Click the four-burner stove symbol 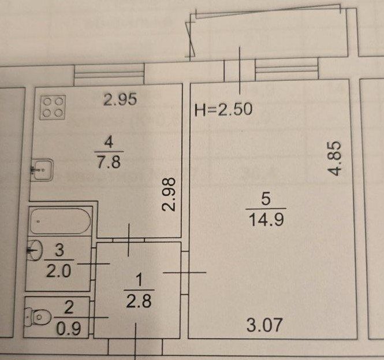click(x=53, y=107)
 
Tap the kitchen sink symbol click(x=42, y=170)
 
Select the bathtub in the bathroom click(x=60, y=221)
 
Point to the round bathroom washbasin click(x=35, y=250)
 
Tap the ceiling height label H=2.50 click(x=223, y=109)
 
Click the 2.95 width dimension click(x=120, y=100)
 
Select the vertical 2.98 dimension click(x=169, y=194)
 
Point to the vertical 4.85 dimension click(x=334, y=158)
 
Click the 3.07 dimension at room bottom click(x=264, y=325)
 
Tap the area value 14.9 click(x=266, y=220)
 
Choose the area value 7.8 click(x=109, y=162)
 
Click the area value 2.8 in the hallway click(x=139, y=301)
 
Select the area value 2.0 click(x=59, y=271)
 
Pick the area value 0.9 click(x=69, y=328)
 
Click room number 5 click(x=266, y=198)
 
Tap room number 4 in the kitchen click(x=109, y=142)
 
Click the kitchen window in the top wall click(x=109, y=72)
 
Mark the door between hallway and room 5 click(x=185, y=273)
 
